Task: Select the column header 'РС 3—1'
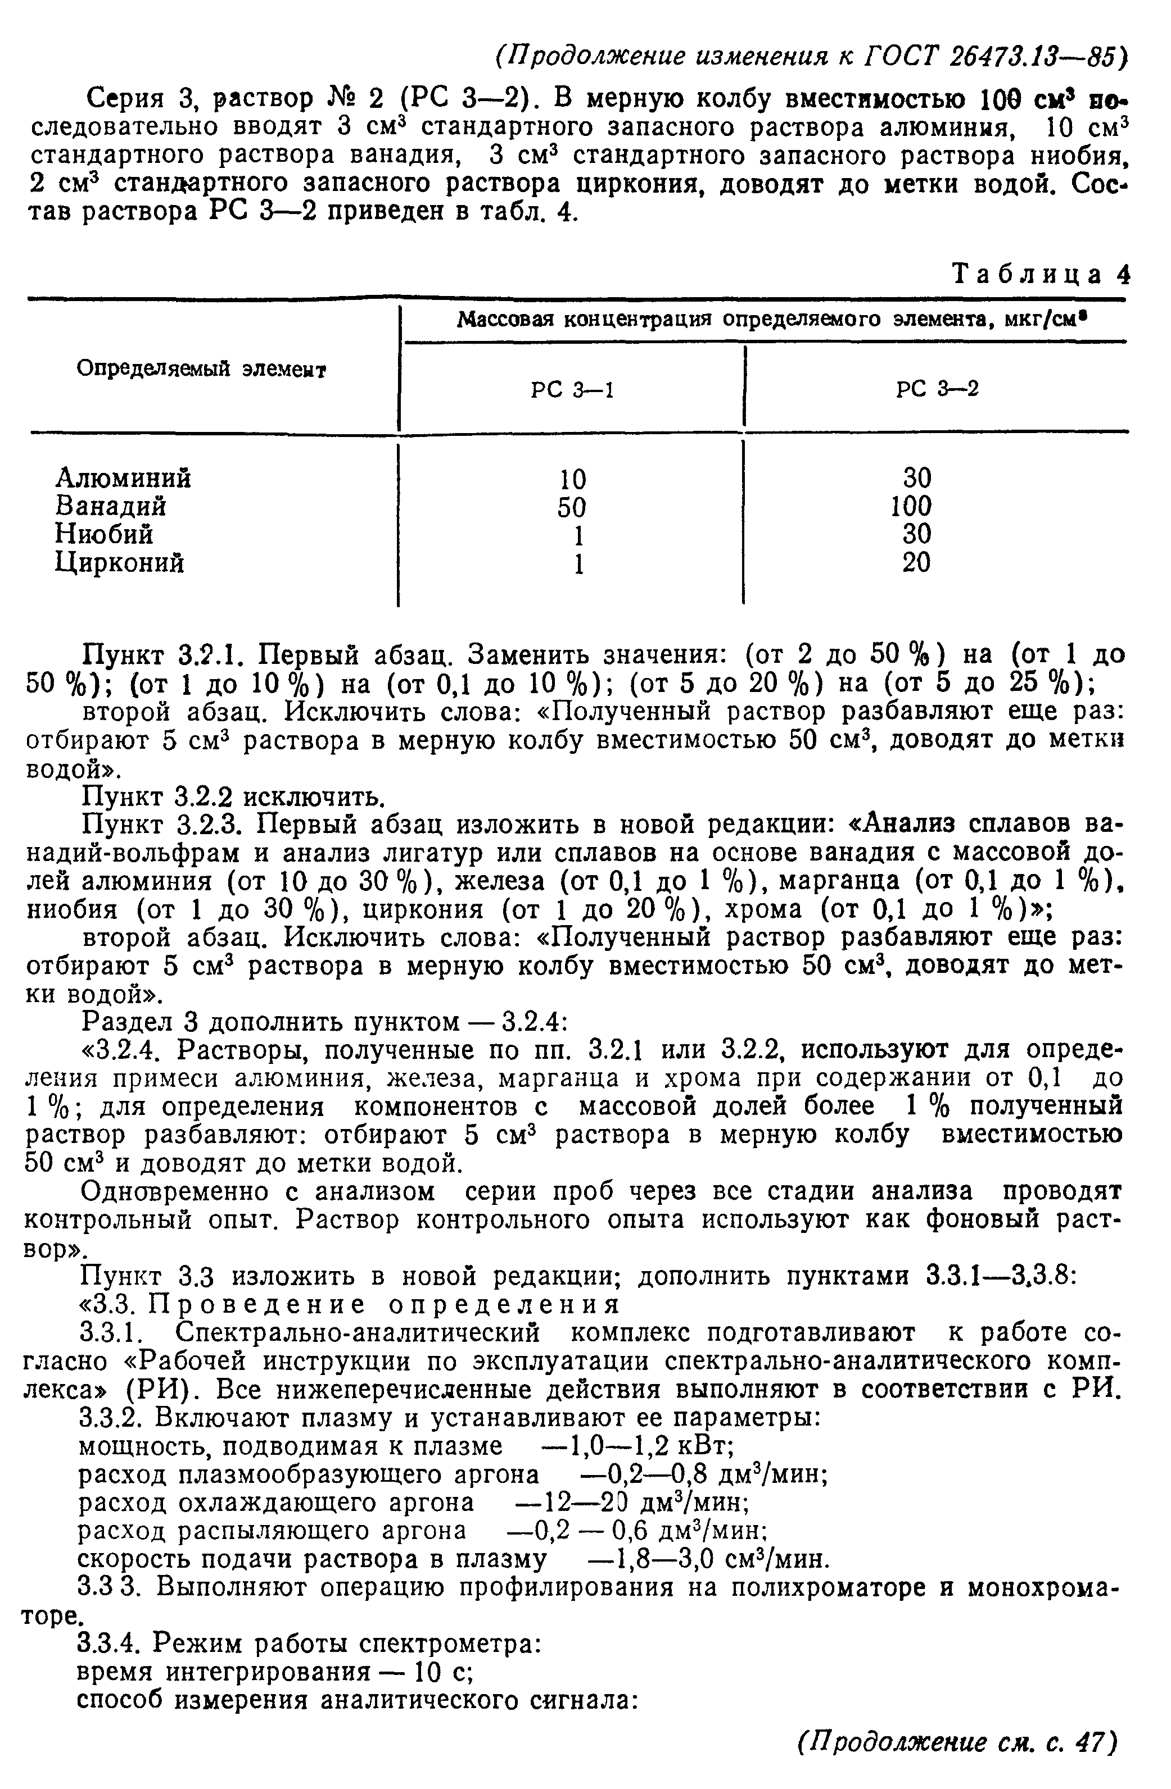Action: (x=572, y=389)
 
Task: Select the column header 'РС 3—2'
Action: (x=937, y=389)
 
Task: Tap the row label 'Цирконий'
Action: (x=120, y=562)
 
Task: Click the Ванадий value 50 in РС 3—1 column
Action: (x=572, y=507)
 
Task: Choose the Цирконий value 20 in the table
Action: (x=915, y=562)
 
